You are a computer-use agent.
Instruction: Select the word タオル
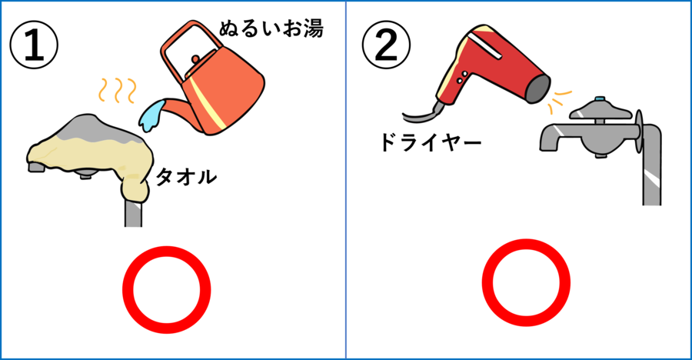pyautogui.click(x=186, y=178)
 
